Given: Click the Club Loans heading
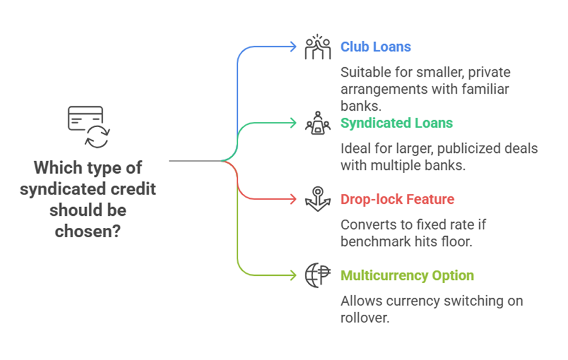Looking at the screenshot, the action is point(376,47).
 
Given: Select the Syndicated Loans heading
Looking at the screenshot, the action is point(397,123).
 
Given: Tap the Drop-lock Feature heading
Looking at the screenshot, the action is point(397,199).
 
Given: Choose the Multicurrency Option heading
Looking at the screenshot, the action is point(407,276).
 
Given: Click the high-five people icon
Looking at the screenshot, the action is point(317,47).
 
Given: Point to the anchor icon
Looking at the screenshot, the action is point(317,199).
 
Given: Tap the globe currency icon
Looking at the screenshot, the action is point(317,275).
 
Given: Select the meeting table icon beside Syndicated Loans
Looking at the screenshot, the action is point(317,123).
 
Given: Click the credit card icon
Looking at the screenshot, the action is point(86,118).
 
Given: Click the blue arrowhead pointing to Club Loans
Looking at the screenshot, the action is point(293,47).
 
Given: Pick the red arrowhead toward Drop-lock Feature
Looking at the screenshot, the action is point(293,199).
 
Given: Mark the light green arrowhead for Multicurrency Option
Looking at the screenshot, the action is point(293,275).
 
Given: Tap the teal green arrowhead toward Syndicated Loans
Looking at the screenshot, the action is point(293,123).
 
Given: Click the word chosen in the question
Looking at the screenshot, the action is point(88,231).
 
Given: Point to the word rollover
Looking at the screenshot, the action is point(365,318).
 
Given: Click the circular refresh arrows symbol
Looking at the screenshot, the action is point(98,137).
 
